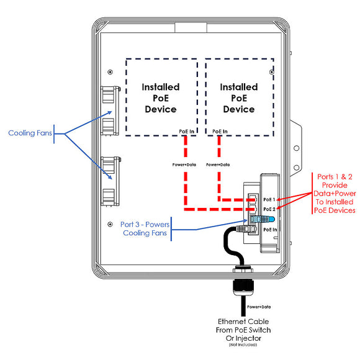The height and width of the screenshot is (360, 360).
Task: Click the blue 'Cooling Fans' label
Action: click(29, 133)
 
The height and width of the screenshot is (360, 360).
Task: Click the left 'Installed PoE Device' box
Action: click(161, 97)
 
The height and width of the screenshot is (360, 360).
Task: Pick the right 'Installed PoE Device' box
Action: click(239, 97)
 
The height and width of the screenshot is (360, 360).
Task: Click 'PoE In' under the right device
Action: click(219, 131)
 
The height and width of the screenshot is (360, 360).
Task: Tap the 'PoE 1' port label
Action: click(269, 200)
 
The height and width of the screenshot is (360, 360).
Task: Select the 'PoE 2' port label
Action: click(269, 209)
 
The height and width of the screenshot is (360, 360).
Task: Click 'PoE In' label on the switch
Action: click(271, 229)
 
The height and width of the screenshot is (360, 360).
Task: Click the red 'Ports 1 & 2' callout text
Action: click(335, 193)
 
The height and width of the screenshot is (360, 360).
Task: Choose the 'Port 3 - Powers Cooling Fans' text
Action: click(145, 228)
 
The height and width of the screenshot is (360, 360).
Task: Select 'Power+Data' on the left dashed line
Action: click(184, 164)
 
